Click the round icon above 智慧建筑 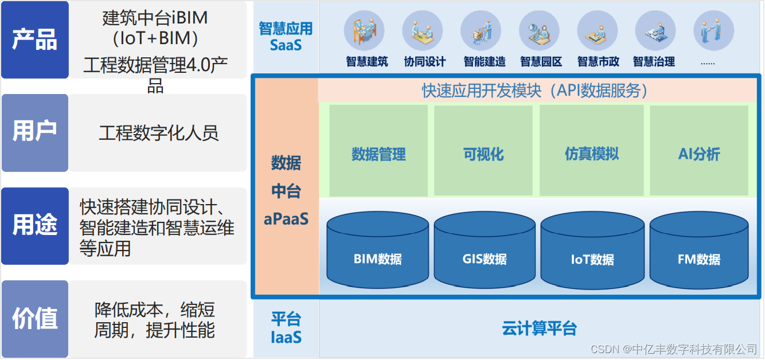(x=364, y=31)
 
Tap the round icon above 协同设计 (x=423, y=31)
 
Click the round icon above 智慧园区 (x=539, y=31)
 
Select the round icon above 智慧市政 (x=598, y=31)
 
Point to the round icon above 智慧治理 (x=655, y=31)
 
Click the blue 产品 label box (x=35, y=40)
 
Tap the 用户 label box (x=35, y=132)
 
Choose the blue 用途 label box (x=35, y=226)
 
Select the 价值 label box (x=35, y=319)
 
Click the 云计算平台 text (x=539, y=328)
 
